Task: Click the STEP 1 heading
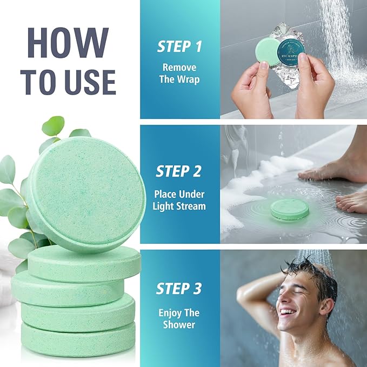pos(179,46)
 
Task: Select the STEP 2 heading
pos(179,172)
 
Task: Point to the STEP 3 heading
pos(179,288)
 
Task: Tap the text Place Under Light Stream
pos(179,201)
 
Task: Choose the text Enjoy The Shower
pos(179,318)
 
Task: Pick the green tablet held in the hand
pos(266,51)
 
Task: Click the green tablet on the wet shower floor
pos(290,209)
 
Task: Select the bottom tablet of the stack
pos(78,340)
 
